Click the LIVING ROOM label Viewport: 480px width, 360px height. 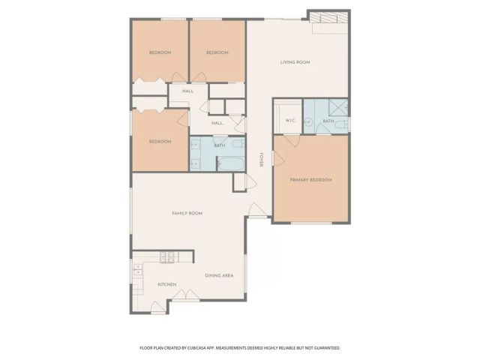295,62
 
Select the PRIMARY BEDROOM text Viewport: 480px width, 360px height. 310,180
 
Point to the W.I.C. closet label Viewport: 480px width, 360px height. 289,121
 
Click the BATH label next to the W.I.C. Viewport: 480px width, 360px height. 328,121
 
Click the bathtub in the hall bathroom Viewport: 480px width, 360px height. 230,161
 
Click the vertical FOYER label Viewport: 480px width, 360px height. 261,159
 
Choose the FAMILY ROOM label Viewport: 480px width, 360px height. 187,214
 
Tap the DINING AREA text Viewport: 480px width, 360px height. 219,275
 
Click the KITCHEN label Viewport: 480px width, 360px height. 166,285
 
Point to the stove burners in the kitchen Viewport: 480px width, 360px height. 167,256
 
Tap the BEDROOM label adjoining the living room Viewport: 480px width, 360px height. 217,52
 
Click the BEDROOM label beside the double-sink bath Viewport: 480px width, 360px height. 159,142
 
